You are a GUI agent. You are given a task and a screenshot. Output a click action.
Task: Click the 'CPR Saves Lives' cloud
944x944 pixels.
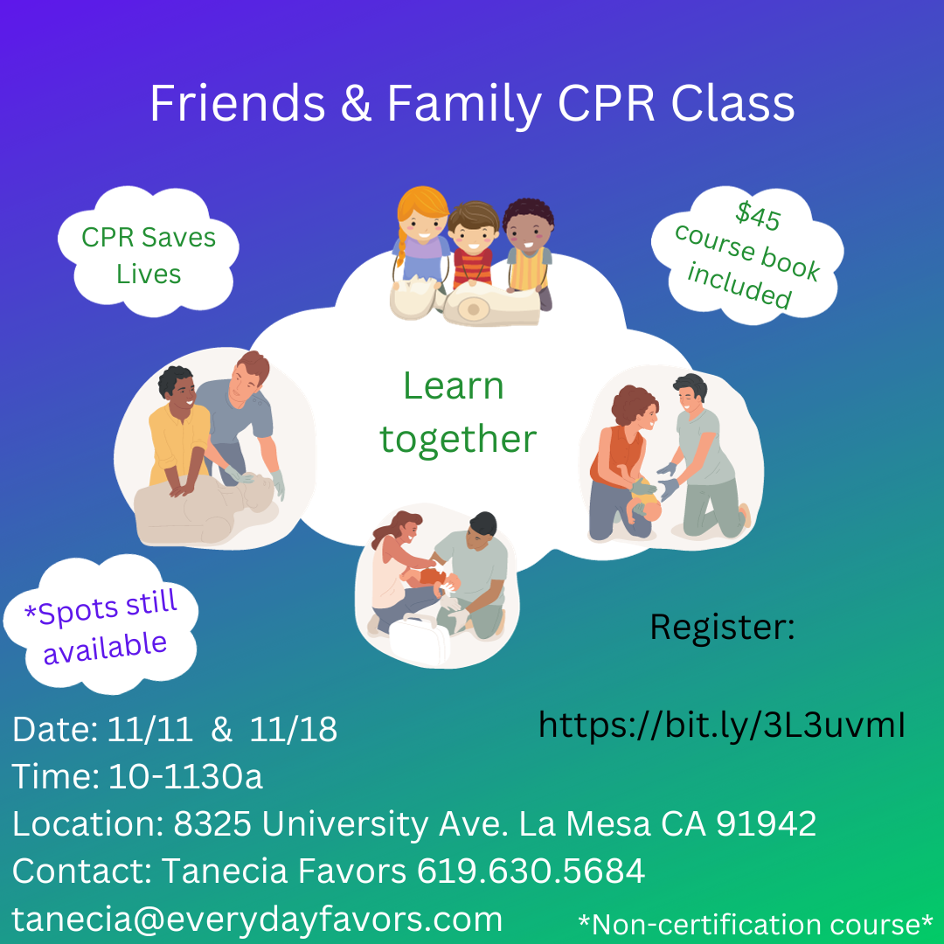pos(148,254)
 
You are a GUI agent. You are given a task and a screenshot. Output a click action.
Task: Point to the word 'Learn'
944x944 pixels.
pos(453,386)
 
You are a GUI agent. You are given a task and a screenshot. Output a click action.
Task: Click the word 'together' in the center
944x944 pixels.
pos(457,439)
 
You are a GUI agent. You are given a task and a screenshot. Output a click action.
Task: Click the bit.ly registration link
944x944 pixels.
pos(721,724)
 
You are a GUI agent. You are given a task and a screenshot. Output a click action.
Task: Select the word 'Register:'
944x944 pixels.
pos(722,627)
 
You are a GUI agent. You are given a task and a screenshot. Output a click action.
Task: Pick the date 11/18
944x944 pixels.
pos(293,730)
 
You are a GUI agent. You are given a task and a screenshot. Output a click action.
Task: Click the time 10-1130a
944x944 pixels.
pos(185,776)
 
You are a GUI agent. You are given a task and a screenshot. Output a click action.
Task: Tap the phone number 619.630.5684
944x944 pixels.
pos(531,871)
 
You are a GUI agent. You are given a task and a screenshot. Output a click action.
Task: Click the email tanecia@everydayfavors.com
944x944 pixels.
pos(257,919)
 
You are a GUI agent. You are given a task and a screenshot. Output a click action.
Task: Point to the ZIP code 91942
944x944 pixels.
pos(766,823)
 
